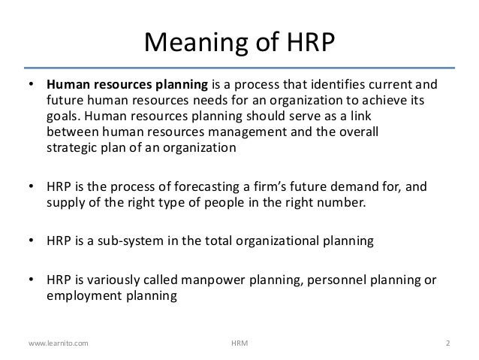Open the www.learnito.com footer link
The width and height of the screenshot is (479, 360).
58,343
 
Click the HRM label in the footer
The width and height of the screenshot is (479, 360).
239,343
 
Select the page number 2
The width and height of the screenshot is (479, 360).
447,343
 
